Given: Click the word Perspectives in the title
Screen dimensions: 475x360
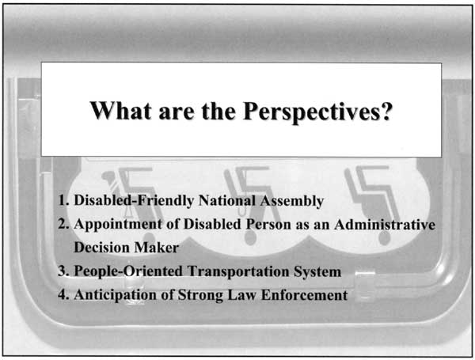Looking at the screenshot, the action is click(x=317, y=112).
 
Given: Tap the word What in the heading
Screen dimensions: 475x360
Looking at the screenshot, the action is click(x=120, y=111).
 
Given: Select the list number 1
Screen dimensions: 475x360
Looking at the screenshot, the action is click(x=64, y=200).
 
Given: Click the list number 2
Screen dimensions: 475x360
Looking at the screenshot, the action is click(x=64, y=224).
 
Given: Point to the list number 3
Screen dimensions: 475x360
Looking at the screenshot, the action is click(x=64, y=271).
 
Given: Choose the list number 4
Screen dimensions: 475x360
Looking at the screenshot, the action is click(x=64, y=294).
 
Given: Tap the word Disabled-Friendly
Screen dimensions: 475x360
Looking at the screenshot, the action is click(x=134, y=201).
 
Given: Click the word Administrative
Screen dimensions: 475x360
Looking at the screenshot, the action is click(x=385, y=225).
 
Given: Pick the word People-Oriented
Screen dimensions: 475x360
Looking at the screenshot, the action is click(x=128, y=271).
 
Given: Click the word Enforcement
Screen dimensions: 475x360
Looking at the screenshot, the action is click(x=305, y=295).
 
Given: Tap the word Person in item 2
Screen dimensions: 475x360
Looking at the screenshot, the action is click(x=268, y=224).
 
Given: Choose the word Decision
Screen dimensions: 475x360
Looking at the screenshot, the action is click(x=102, y=248).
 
